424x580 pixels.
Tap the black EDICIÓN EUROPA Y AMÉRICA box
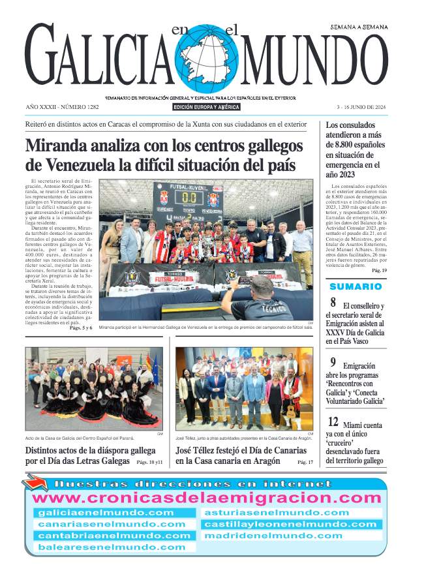[207, 107]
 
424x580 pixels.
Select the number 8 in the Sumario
[333, 303]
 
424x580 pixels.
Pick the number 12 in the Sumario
[333, 422]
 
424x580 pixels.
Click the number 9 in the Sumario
[333, 363]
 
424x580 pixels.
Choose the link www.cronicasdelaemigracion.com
[207, 498]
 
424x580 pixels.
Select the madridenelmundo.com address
[273, 536]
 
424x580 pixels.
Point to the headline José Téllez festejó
[241, 451]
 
